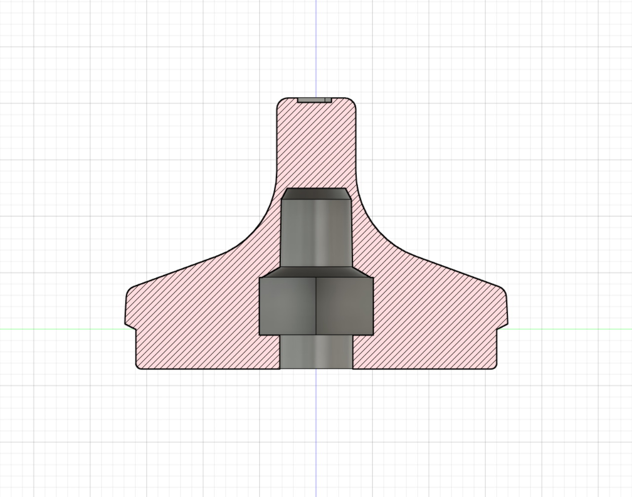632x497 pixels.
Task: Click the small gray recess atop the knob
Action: pyautogui.click(x=314, y=100)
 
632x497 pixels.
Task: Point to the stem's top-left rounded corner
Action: pyautogui.click(x=279, y=101)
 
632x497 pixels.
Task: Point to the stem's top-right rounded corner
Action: pyautogui.click(x=353, y=101)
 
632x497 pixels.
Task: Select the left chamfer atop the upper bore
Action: pyautogui.click(x=285, y=194)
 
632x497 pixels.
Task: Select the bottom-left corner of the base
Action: pyautogui.click(x=138, y=367)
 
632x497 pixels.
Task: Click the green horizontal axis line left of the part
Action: pyautogui.click(x=59, y=329)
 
